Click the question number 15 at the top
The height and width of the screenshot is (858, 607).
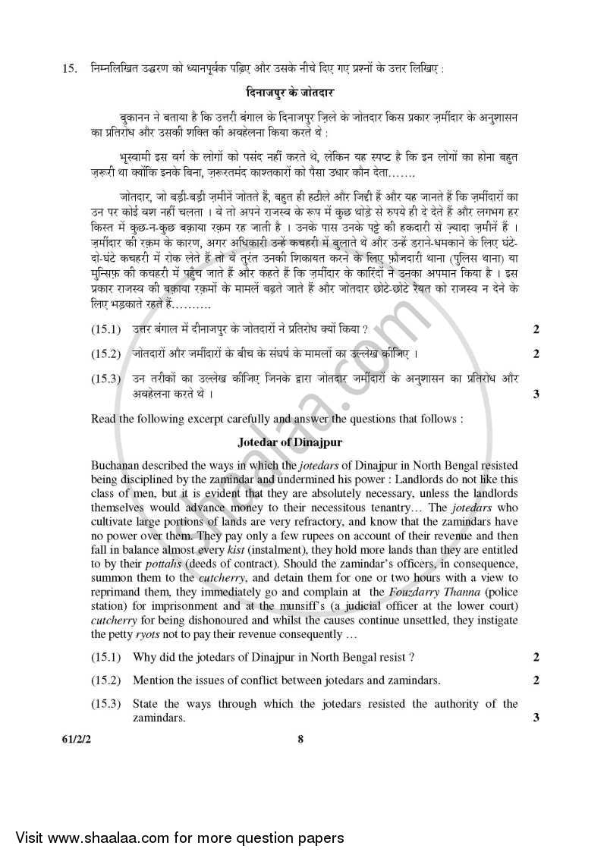(69, 69)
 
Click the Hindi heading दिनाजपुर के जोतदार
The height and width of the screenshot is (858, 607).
(300, 93)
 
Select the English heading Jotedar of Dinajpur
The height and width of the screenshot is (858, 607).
(300, 441)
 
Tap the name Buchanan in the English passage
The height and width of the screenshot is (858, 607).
(115, 464)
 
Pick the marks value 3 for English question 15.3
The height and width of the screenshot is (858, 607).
(536, 718)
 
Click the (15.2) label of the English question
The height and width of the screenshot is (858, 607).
(105, 680)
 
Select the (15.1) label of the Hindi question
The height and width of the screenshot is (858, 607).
(106, 329)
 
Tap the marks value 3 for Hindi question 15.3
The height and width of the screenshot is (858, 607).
(536, 393)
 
